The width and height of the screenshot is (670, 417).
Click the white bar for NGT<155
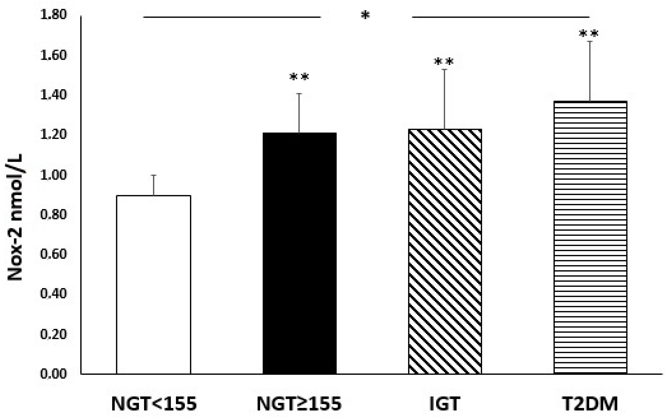pyautogui.click(x=154, y=284)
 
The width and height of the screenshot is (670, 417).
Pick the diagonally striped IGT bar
pyautogui.click(x=445, y=251)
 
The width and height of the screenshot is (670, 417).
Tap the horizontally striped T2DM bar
pyautogui.click(x=590, y=237)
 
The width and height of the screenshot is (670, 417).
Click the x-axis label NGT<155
pyautogui.click(x=154, y=404)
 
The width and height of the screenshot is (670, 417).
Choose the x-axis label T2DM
pyautogui.click(x=590, y=404)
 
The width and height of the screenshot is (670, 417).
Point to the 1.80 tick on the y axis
pyautogui.click(x=53, y=15)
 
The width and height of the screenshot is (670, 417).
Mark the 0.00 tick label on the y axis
pyautogui.click(x=53, y=374)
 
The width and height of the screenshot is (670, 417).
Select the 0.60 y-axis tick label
pyautogui.click(x=53, y=254)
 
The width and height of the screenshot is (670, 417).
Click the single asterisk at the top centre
pyautogui.click(x=365, y=15)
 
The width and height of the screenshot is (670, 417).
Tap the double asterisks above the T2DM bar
pyautogui.click(x=589, y=34)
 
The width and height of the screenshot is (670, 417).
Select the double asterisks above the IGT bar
pyautogui.click(x=444, y=62)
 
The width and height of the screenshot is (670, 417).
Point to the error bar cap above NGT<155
pyautogui.click(x=154, y=175)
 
